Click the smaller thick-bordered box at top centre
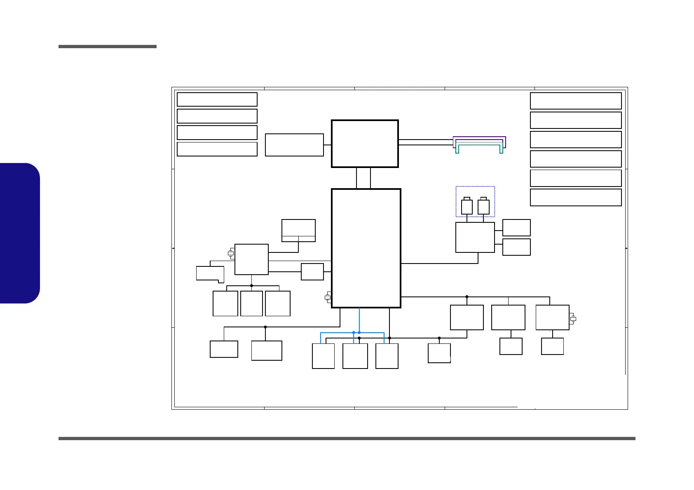click(x=365, y=144)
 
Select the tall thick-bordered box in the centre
click(x=366, y=248)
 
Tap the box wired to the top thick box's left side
click(x=294, y=145)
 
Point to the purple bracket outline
click(x=479, y=138)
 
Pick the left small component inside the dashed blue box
click(x=467, y=206)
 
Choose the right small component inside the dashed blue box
click(x=483, y=206)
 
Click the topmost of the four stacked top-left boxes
click(x=217, y=99)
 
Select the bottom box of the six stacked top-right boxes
click(x=576, y=197)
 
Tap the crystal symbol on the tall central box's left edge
click(x=328, y=297)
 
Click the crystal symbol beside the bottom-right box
click(x=573, y=319)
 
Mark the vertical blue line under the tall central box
click(x=359, y=320)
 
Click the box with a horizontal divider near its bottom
click(x=298, y=231)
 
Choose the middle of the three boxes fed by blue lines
click(x=355, y=356)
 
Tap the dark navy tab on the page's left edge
click(x=20, y=233)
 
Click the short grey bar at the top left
click(x=108, y=47)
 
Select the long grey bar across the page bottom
click(x=347, y=439)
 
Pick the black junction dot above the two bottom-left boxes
click(x=265, y=327)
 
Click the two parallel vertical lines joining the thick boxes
click(x=363, y=178)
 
